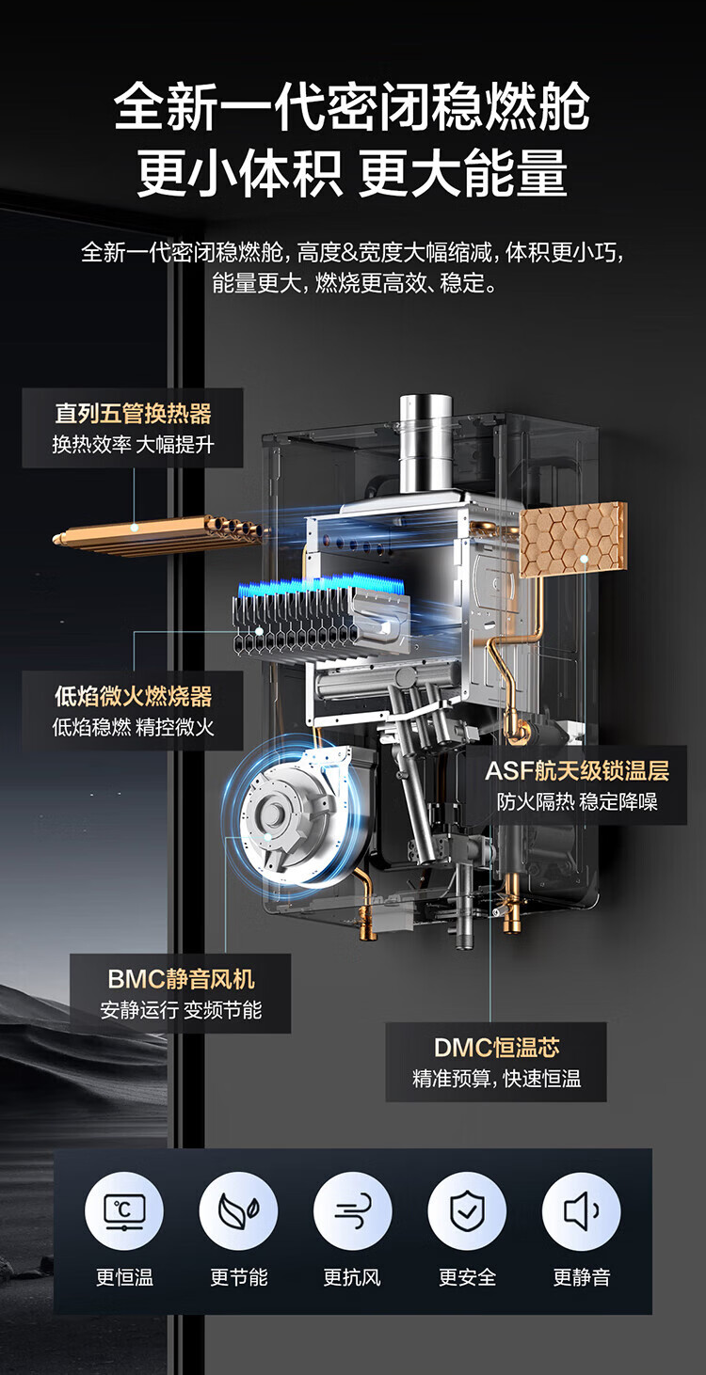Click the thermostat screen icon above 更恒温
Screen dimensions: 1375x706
(124, 1211)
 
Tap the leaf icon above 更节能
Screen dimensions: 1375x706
(238, 1211)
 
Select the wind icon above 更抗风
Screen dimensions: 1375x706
(352, 1211)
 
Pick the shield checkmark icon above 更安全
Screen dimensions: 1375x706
(467, 1211)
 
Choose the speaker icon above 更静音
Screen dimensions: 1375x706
(582, 1211)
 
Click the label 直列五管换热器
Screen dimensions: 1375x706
(133, 413)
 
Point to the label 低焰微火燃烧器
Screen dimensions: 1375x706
(133, 696)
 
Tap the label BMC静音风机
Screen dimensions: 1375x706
(181, 978)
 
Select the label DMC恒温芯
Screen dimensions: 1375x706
(496, 1047)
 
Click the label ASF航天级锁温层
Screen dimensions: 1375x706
(577, 771)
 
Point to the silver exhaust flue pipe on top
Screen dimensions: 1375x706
(425, 442)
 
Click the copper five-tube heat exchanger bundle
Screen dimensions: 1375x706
(155, 534)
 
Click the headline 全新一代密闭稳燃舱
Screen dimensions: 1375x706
(352, 106)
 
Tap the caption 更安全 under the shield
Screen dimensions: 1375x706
(467, 1277)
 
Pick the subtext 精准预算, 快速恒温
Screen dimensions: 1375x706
(496, 1079)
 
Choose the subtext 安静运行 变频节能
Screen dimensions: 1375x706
(181, 1011)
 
